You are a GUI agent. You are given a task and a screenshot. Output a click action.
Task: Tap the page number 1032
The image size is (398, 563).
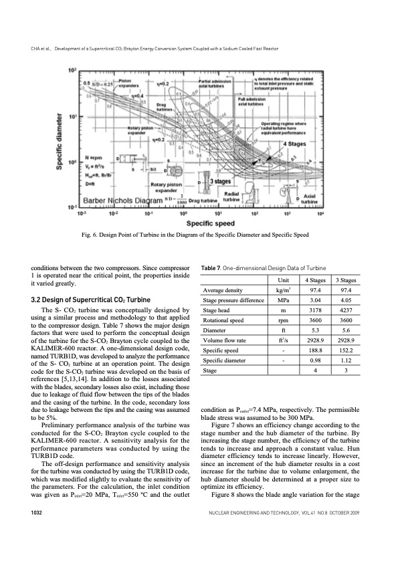[x=27, y=531]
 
